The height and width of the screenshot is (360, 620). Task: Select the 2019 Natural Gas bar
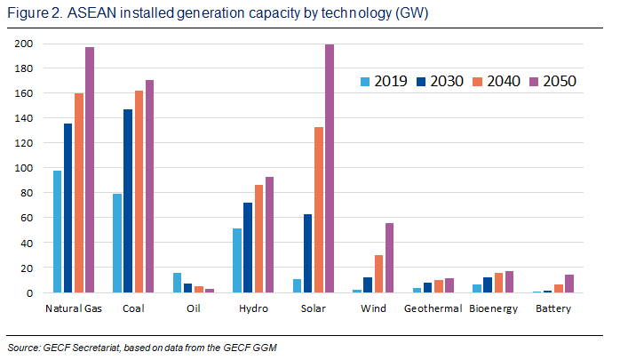click(x=58, y=231)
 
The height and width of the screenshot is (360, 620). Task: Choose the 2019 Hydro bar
click(x=237, y=260)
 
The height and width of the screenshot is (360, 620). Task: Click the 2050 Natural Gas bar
click(x=90, y=170)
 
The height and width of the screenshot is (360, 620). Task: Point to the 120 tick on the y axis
click(x=27, y=143)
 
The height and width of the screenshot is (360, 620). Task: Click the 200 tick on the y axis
click(x=27, y=44)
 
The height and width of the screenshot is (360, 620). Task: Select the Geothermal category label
click(x=433, y=308)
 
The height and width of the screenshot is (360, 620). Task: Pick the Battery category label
click(x=553, y=308)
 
